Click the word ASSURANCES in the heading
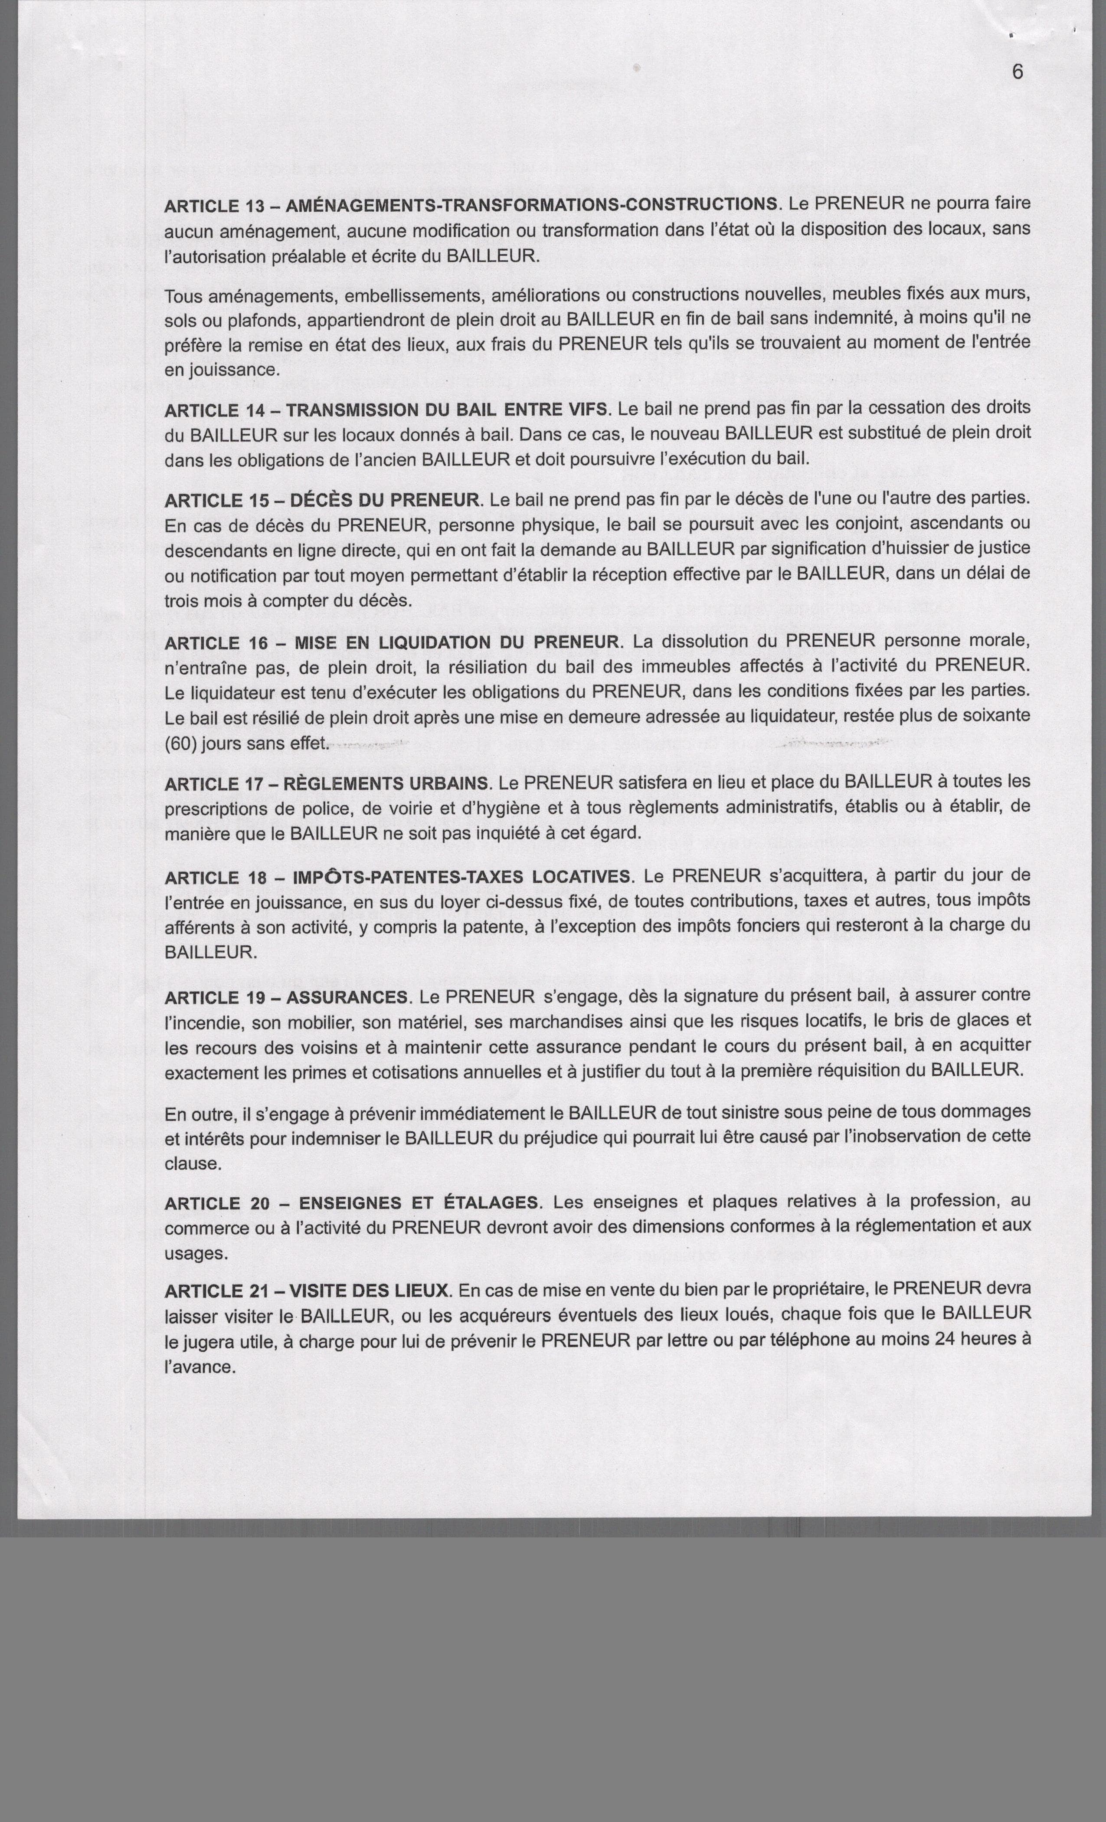coord(346,997)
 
